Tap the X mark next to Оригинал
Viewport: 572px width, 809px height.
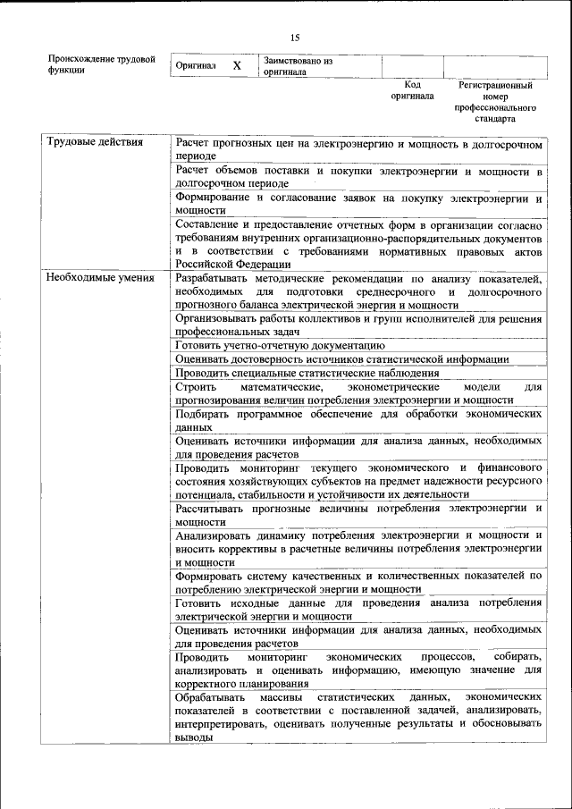[237, 66]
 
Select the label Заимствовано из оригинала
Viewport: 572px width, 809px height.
[298, 66]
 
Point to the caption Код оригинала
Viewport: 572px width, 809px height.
[412, 90]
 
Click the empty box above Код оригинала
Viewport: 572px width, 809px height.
[412, 66]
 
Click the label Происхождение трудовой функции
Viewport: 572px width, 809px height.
[101, 64]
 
